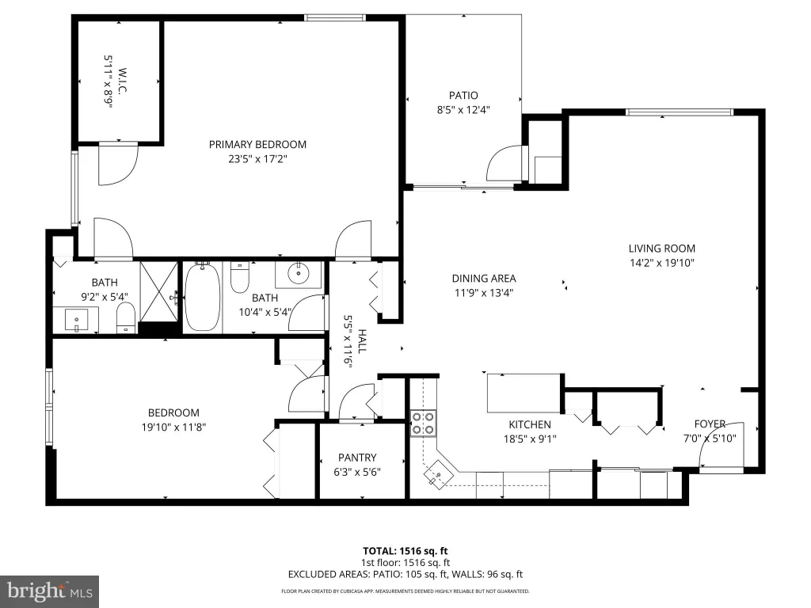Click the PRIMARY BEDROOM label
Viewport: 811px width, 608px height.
[x=257, y=145]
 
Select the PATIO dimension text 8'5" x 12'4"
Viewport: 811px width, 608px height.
[x=463, y=109]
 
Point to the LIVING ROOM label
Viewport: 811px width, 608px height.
[x=661, y=248]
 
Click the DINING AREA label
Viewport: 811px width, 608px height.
[x=484, y=278]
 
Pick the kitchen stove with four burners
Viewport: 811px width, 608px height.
[x=423, y=423]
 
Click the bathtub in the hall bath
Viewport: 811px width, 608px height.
[x=202, y=297]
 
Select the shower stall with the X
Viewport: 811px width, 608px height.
[x=159, y=291]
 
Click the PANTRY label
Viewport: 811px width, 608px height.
[x=357, y=458]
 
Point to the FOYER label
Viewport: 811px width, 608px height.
[x=710, y=424]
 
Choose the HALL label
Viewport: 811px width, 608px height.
[x=362, y=341]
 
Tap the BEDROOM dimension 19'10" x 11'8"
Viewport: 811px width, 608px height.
[x=173, y=427]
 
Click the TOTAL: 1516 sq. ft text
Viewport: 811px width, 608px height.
[x=405, y=551]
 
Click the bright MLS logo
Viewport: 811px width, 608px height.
[x=50, y=591]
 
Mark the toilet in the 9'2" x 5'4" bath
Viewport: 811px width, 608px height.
[x=126, y=317]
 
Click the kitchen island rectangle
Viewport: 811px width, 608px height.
[x=524, y=393]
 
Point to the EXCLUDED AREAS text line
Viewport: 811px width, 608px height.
[x=405, y=575]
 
